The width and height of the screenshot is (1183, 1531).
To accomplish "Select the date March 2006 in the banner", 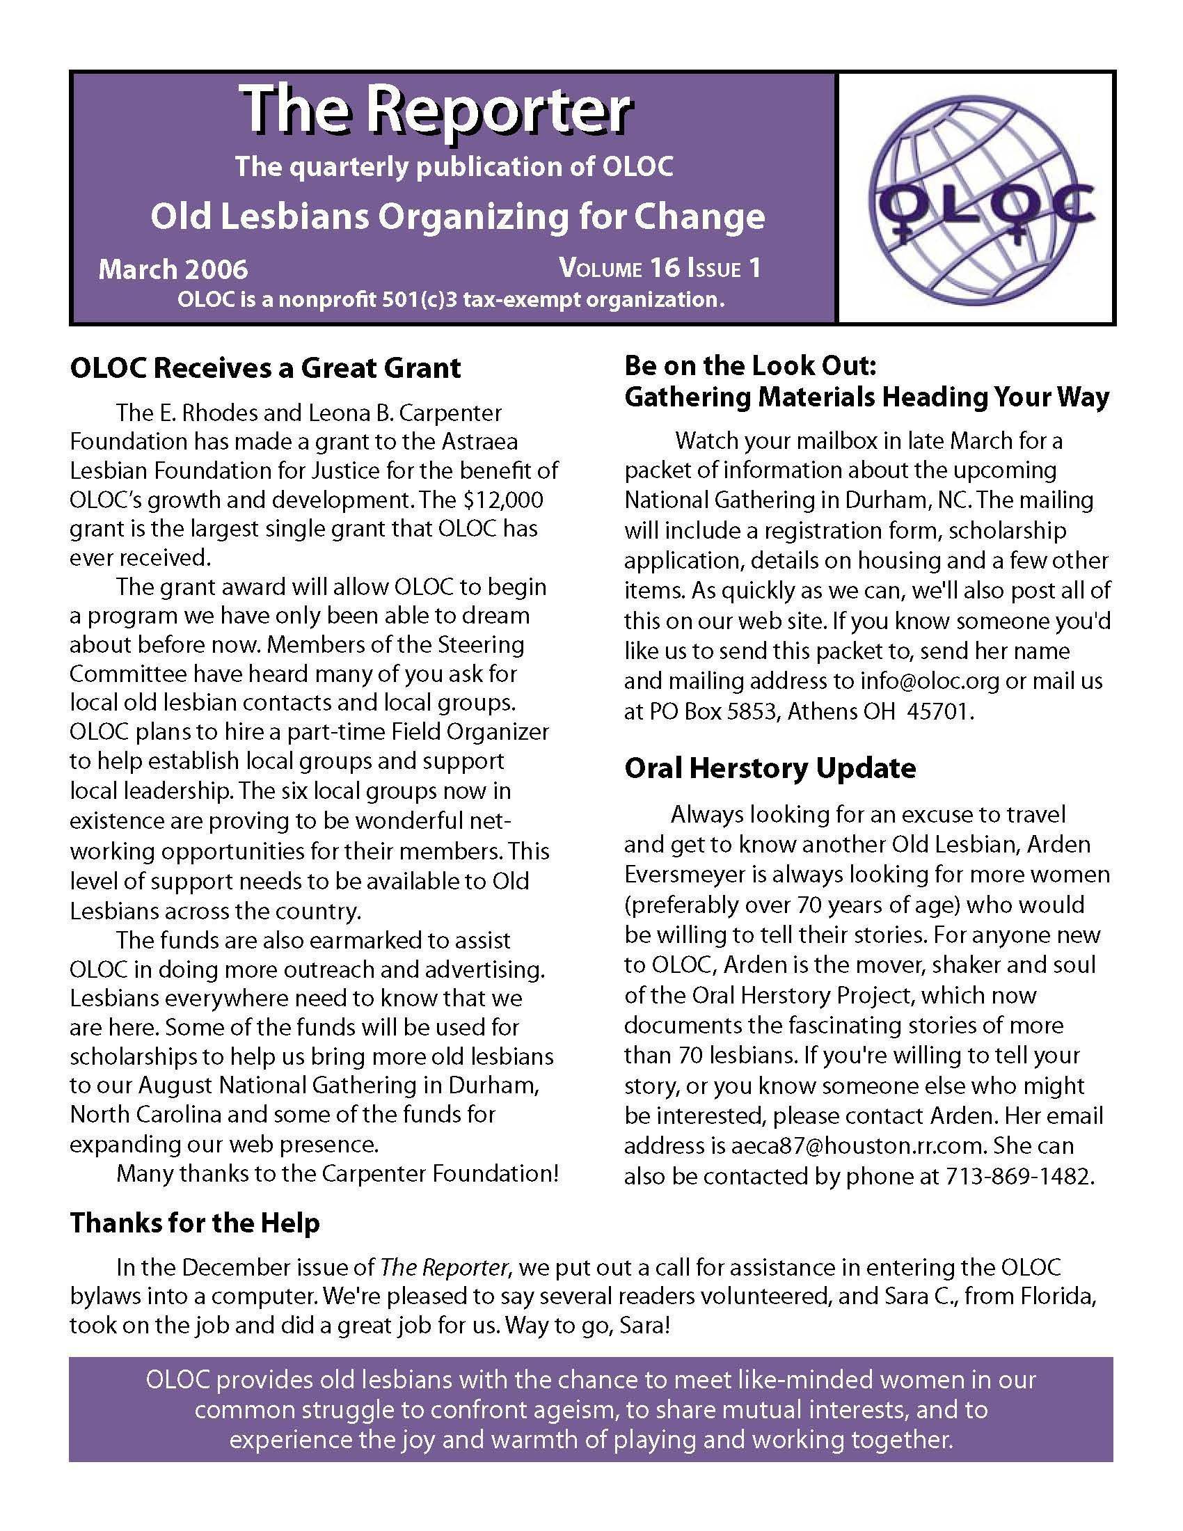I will [x=173, y=270].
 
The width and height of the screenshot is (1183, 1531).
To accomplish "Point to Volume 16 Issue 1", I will [x=660, y=269].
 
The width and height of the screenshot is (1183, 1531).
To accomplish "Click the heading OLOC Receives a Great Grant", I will [x=265, y=368].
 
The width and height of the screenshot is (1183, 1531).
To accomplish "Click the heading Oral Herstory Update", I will [x=770, y=768].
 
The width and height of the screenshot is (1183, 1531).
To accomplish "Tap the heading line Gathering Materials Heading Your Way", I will [x=866, y=397].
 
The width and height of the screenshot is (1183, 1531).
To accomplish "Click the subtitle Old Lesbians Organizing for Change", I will [x=457, y=216].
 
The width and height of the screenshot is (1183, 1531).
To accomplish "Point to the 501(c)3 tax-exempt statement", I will [x=451, y=300].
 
